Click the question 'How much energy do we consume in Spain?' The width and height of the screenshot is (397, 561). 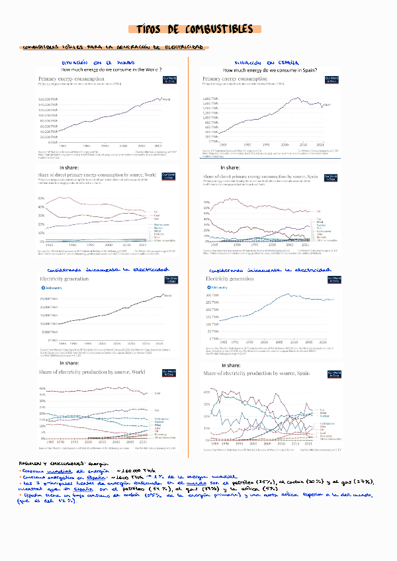pyautogui.click(x=269, y=70)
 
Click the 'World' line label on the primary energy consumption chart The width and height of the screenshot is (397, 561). pyautogui.click(x=165, y=99)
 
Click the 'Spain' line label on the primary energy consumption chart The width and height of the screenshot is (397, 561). pyautogui.click(x=329, y=105)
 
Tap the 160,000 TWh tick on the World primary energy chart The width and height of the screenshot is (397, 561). pyautogui.click(x=48, y=99)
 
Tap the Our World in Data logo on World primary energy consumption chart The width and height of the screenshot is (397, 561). pyautogui.click(x=170, y=79)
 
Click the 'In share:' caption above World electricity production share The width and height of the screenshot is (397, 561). pyautogui.click(x=69, y=363)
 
